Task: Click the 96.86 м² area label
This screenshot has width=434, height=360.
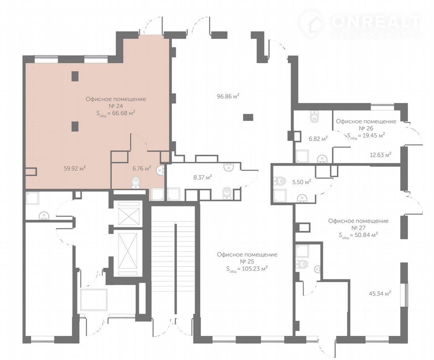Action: [x=228, y=97]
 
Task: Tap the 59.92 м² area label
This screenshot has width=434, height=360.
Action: [x=74, y=168]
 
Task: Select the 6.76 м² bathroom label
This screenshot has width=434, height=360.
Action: [x=142, y=168]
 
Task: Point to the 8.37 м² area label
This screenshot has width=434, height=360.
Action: [x=203, y=177]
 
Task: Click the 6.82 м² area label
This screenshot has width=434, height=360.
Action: [x=318, y=139]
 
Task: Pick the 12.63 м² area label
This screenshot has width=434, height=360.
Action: [x=381, y=155]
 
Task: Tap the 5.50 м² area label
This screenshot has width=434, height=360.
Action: [x=302, y=182]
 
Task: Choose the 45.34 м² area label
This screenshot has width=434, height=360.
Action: [x=380, y=293]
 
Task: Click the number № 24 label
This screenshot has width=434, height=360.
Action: [x=116, y=106]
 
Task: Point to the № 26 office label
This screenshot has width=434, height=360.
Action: [x=366, y=129]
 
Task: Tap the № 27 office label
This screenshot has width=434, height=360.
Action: [x=359, y=228]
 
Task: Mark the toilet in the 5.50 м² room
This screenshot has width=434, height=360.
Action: [x=279, y=181]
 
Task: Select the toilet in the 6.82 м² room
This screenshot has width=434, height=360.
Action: [x=314, y=116]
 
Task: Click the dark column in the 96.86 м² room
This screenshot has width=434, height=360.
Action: [x=248, y=117]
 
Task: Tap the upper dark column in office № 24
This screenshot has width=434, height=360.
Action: [x=75, y=76]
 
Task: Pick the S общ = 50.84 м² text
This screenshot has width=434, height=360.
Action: [x=359, y=235]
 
